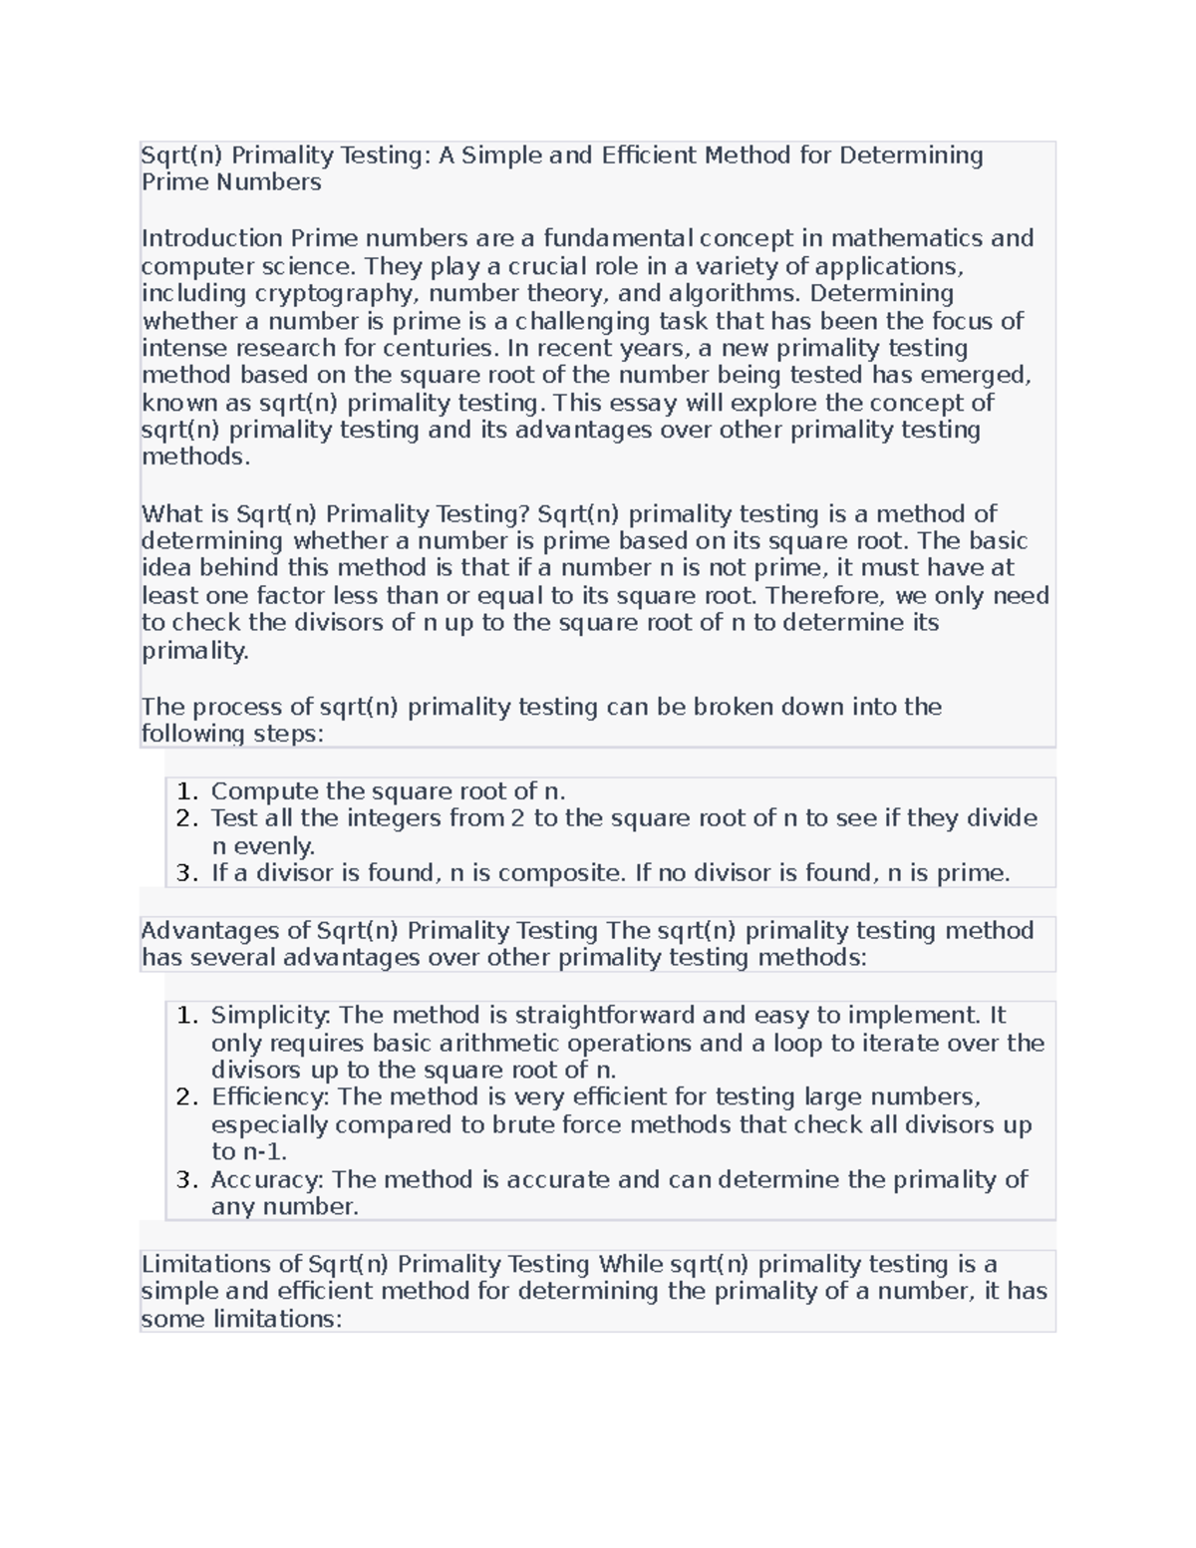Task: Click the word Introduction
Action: tap(211, 238)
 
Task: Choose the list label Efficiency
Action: tap(271, 1097)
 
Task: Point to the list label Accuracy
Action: tap(267, 1180)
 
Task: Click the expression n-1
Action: tap(264, 1152)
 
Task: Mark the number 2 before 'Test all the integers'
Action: tap(186, 819)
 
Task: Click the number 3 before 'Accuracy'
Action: tap(186, 1180)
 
